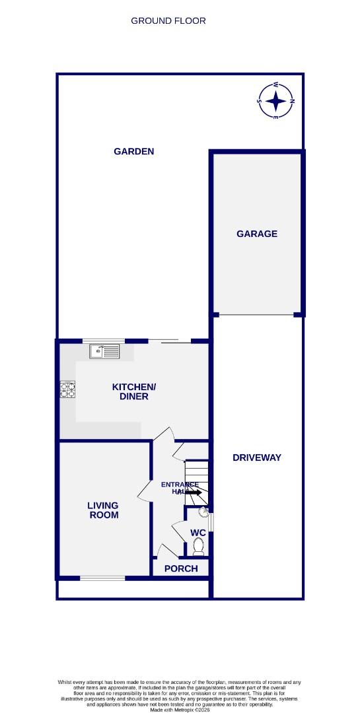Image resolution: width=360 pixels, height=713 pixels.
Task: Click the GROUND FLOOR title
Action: pos(168,20)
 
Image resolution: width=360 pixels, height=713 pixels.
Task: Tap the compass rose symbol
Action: pos(276,101)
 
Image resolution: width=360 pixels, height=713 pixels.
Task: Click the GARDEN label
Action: pos(134,151)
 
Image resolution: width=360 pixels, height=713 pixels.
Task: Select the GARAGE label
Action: pos(257,234)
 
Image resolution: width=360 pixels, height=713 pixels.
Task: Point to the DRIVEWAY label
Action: pos(257,458)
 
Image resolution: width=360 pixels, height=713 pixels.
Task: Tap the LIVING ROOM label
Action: pos(104,510)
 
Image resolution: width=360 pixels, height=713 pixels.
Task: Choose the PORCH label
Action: pos(181,568)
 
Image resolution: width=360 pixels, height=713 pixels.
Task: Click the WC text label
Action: pos(198,533)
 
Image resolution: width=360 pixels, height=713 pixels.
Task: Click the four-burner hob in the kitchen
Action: pos(67,390)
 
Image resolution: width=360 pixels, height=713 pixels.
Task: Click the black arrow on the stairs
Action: pos(193,492)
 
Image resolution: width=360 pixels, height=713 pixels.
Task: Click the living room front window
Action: pos(102,579)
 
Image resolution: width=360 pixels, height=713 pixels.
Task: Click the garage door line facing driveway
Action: pos(257,315)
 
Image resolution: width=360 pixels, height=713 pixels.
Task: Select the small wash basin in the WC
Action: pos(203,512)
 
